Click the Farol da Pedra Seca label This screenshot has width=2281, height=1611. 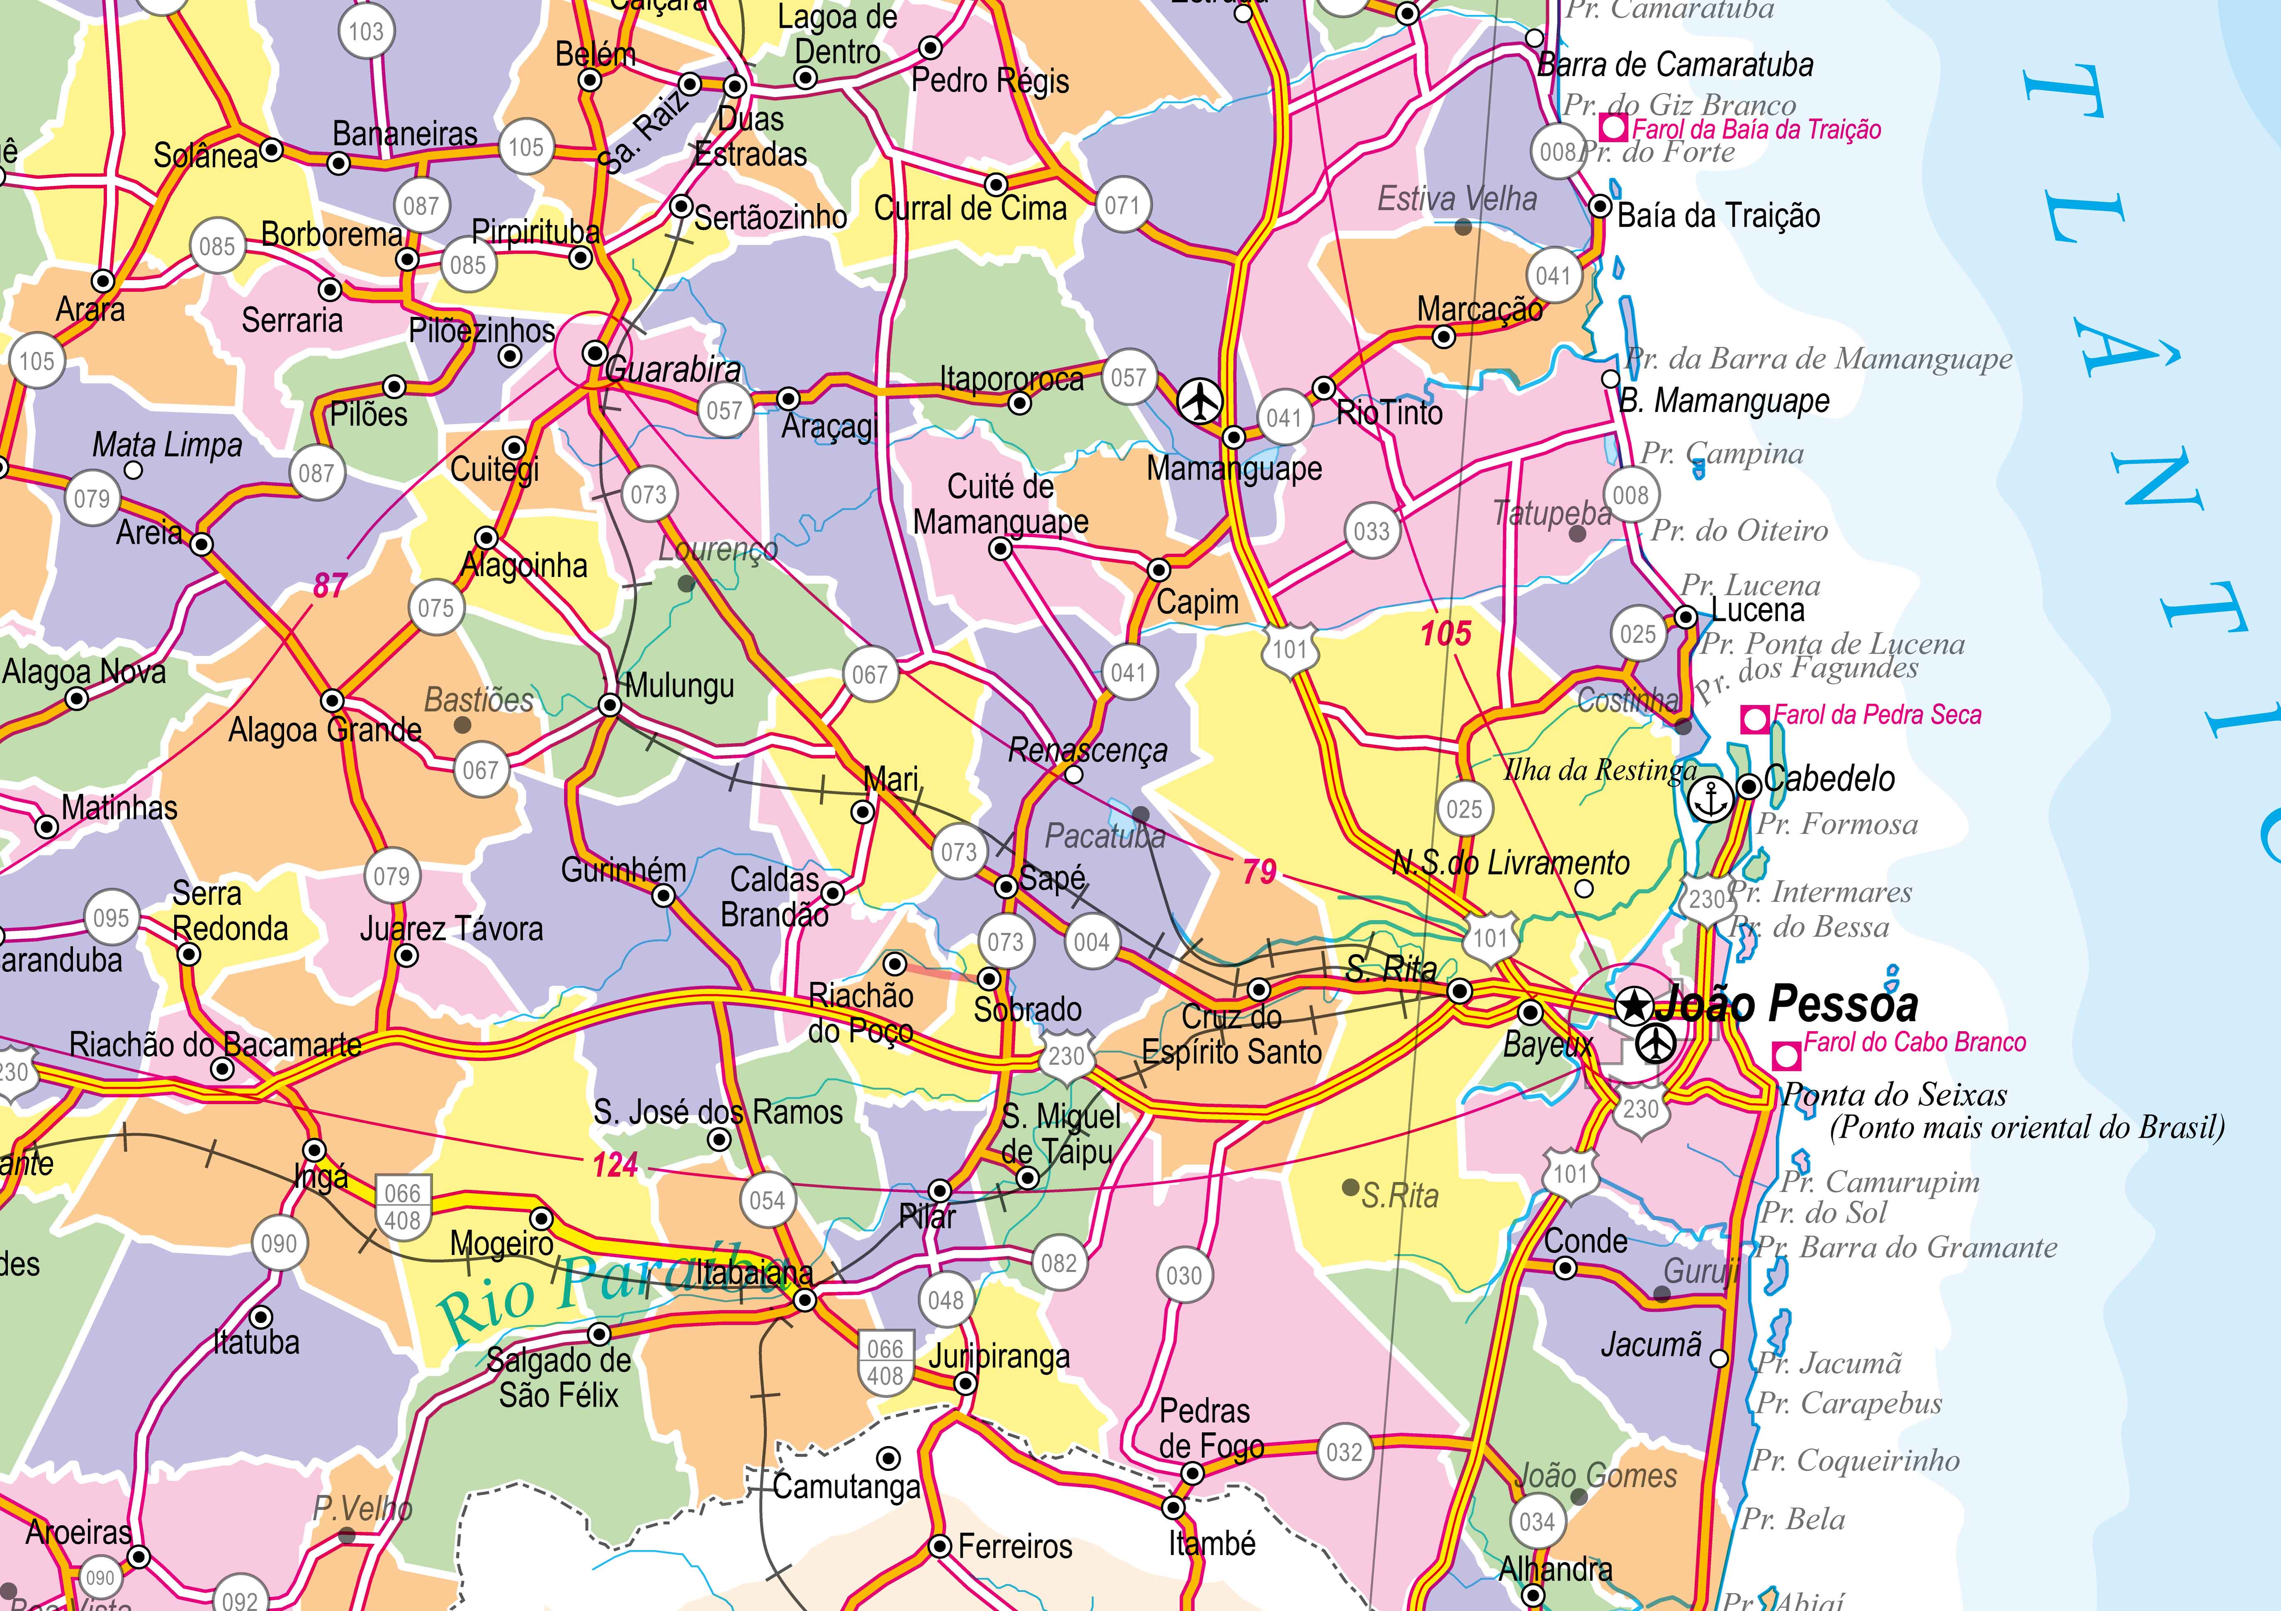(1877, 715)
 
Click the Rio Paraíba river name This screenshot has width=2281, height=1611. (606, 1290)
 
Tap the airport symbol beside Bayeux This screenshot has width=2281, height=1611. (1654, 1043)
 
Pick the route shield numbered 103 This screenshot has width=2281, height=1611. (366, 32)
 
